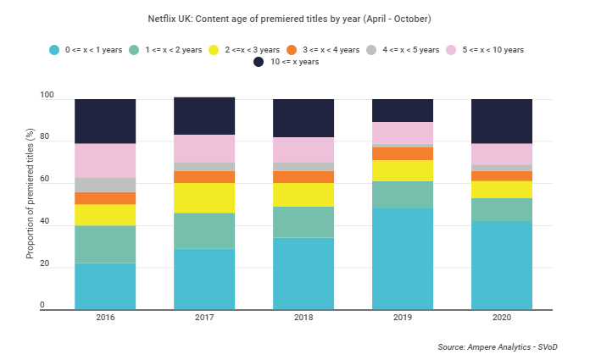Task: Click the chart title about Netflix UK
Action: point(294,19)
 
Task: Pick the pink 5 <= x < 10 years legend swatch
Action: point(453,49)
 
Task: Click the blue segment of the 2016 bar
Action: point(105,286)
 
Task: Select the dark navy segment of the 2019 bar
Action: point(403,110)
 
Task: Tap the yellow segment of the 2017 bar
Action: point(204,197)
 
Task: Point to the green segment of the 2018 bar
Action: point(303,222)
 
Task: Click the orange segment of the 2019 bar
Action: point(403,153)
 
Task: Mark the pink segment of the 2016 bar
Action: point(105,160)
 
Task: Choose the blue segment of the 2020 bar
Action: point(502,265)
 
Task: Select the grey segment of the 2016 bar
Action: point(105,185)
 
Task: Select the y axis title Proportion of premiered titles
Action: point(30,203)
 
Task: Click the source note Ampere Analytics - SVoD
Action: point(503,347)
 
